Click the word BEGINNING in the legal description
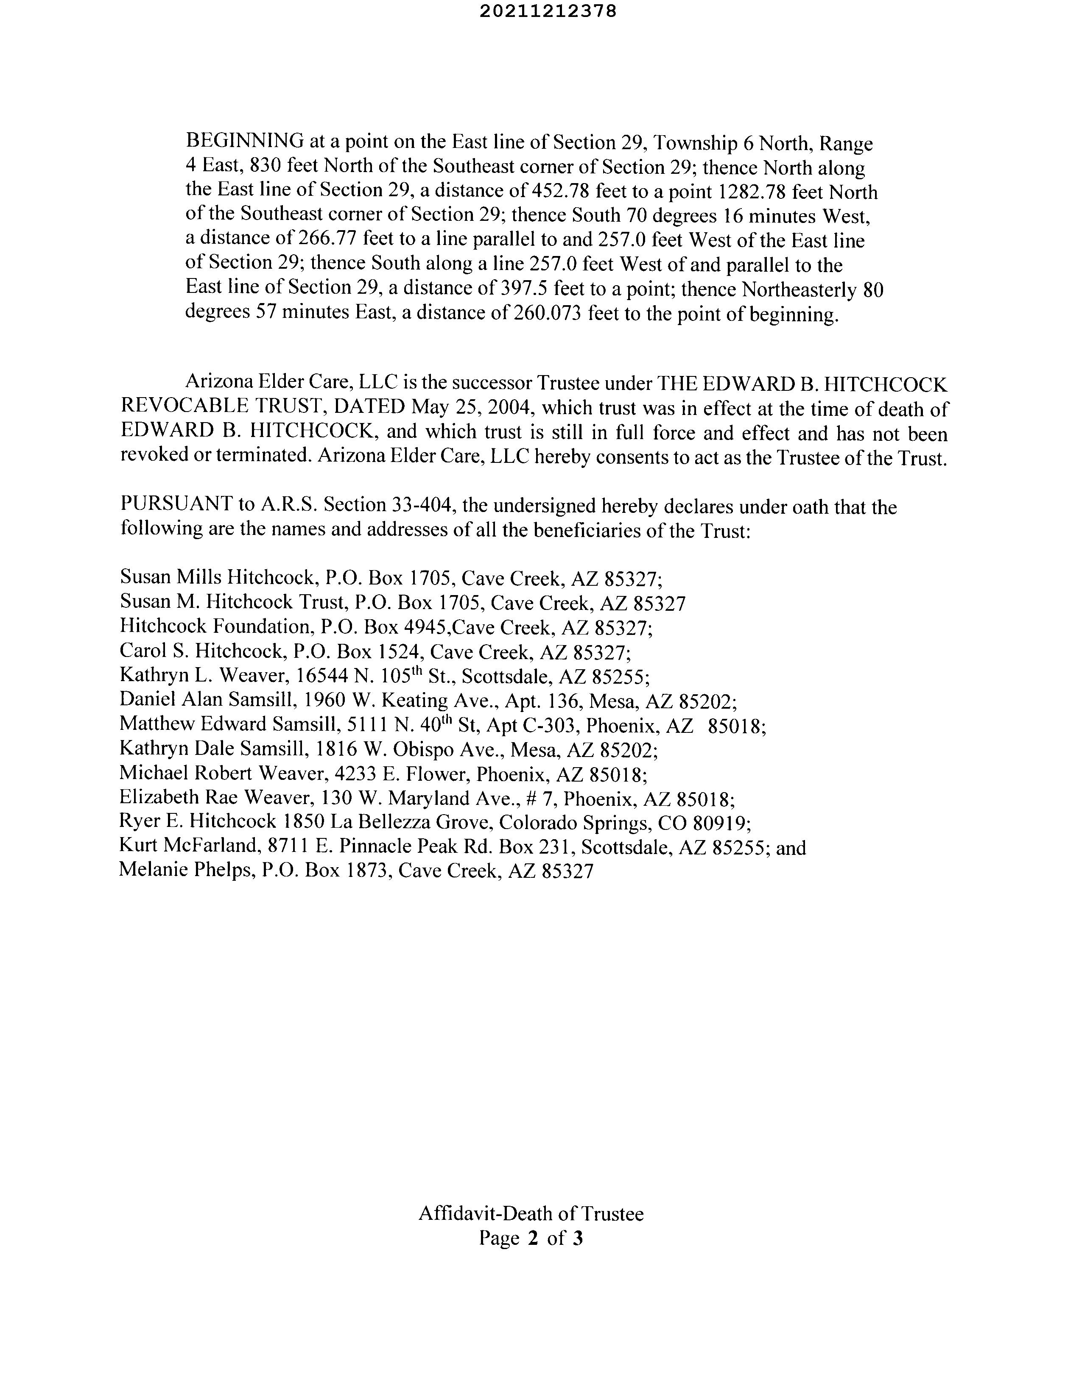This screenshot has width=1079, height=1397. tap(244, 141)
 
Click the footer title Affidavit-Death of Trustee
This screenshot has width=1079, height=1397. tap(531, 1213)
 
